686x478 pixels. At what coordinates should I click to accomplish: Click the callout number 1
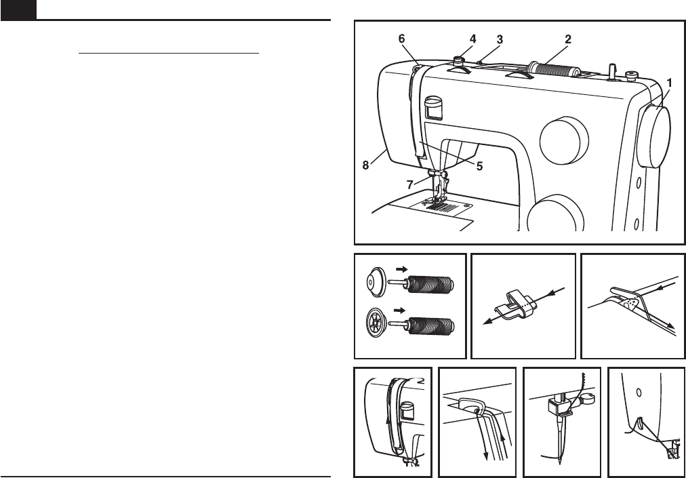click(x=669, y=82)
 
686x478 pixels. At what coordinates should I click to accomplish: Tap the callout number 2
click(x=568, y=39)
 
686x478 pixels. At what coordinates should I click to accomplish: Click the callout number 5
click(x=479, y=166)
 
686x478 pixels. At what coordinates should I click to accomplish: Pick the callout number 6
click(x=402, y=39)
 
